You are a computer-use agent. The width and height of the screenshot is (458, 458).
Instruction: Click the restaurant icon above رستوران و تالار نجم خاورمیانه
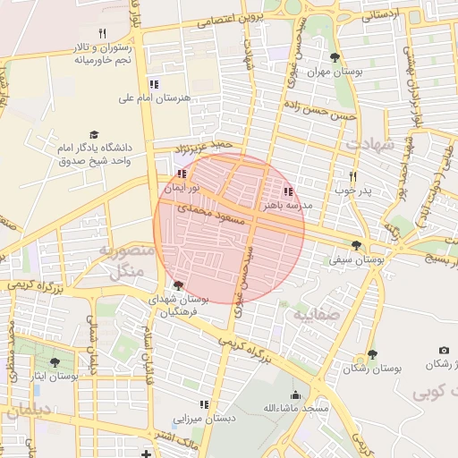102,33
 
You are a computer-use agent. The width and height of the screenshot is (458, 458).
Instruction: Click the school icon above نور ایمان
182,174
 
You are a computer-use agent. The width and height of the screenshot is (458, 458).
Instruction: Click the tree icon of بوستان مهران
335,57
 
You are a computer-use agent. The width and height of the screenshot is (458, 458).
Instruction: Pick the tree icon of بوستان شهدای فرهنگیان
178,286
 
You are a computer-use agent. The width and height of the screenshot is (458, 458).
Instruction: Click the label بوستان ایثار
55,377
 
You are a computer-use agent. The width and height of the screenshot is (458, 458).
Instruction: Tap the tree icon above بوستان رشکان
372,354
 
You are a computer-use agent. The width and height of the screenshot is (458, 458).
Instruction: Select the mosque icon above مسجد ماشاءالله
295,394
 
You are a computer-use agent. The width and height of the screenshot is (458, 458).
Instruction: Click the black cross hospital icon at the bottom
146,454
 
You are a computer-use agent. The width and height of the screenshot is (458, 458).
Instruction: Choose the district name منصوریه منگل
125,261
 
